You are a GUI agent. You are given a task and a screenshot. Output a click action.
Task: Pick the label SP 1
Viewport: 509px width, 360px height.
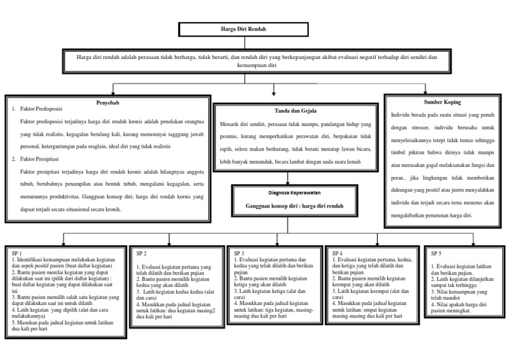click(x=18, y=253)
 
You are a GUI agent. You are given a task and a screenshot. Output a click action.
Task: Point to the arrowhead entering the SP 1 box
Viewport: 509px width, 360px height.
click(x=64, y=243)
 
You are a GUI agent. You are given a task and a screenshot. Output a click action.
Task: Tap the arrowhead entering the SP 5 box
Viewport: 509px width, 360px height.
click(x=472, y=243)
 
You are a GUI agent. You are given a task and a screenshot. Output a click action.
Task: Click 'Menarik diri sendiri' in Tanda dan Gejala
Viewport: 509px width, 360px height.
click(x=244, y=124)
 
